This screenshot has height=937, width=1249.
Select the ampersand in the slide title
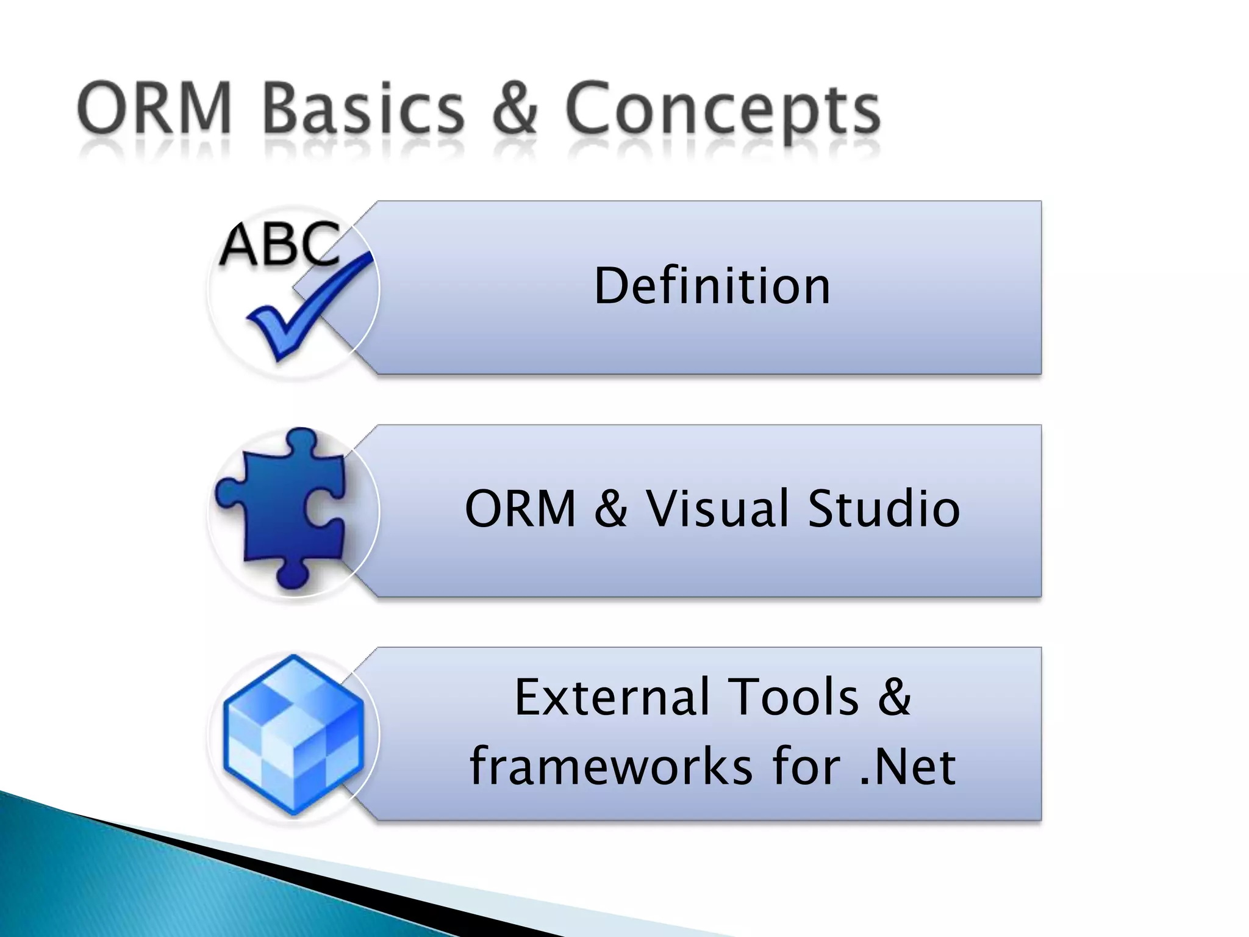click(x=514, y=109)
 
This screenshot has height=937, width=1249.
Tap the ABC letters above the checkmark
click(x=279, y=244)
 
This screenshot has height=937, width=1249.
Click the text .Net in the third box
click(x=908, y=767)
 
